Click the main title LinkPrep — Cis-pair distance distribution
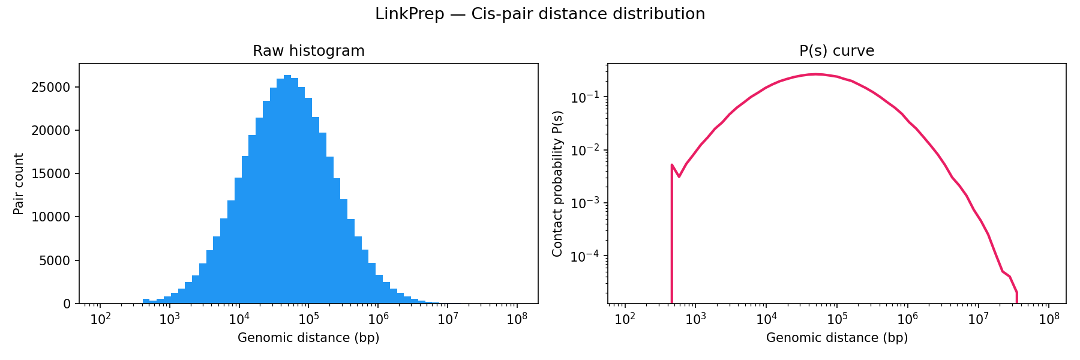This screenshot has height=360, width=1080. (540, 14)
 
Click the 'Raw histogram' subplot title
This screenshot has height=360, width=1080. (308, 51)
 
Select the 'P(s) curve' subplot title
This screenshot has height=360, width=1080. (836, 51)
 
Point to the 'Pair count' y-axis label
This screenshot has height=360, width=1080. (19, 184)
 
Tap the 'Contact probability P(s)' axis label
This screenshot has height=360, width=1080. (558, 184)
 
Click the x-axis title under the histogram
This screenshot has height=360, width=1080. (308, 338)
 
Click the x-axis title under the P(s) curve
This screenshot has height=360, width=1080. (836, 338)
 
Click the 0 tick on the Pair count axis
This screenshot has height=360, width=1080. (67, 304)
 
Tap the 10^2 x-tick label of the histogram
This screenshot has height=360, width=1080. (100, 318)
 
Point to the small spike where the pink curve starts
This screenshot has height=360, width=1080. (672, 165)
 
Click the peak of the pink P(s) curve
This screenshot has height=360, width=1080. (816, 74)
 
